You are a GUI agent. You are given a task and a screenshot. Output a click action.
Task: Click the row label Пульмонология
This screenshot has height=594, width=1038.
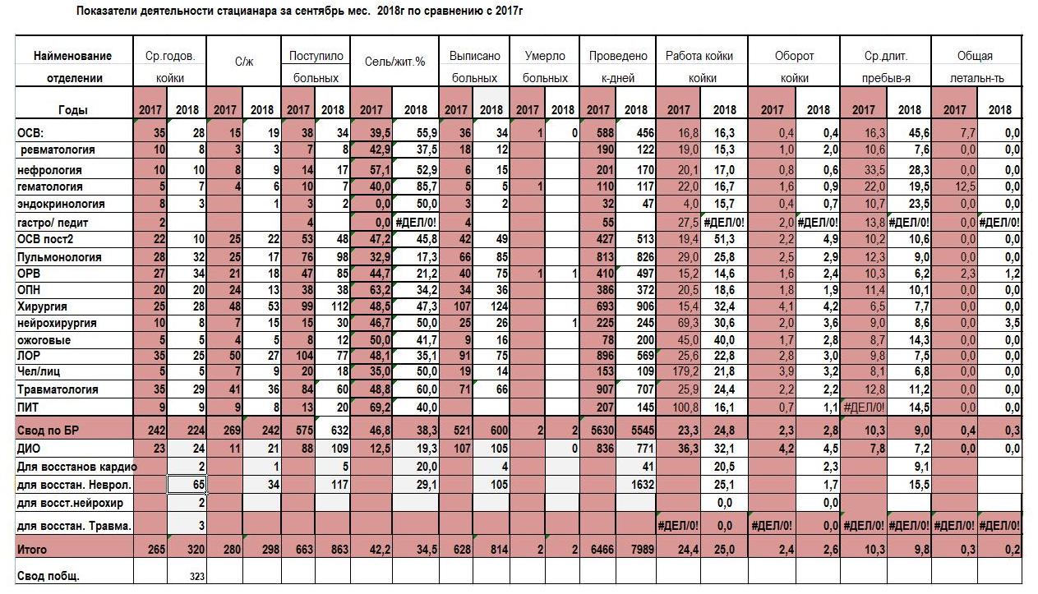pos(59,257)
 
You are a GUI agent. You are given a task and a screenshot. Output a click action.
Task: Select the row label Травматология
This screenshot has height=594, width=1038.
pos(58,389)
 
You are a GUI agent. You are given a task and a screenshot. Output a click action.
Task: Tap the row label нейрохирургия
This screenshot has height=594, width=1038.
pos(57,323)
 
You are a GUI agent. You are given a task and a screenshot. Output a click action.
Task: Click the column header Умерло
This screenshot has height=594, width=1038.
pos(545,56)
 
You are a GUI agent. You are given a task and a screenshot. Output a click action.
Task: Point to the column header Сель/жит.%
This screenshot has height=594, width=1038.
pos(394,62)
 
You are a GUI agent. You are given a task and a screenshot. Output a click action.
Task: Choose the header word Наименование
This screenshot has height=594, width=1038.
pos(73,56)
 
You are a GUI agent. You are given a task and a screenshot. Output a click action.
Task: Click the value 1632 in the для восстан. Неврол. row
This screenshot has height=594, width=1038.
pos(642,485)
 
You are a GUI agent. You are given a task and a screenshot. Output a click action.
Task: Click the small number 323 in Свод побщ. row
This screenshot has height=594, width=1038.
pos(197,577)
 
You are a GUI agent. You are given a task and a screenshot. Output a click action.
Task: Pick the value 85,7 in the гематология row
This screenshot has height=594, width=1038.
pos(427,186)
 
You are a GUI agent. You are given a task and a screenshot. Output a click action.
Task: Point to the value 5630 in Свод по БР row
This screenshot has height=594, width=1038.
pos(602,431)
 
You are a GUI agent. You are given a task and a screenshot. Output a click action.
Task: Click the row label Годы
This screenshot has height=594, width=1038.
pos(73,110)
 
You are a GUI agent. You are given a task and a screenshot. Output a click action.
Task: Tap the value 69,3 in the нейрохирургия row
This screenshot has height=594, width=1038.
pos(688,323)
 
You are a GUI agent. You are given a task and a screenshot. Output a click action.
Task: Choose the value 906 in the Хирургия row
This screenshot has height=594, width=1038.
pos(644,306)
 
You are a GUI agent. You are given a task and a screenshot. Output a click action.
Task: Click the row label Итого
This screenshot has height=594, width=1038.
pos(32,550)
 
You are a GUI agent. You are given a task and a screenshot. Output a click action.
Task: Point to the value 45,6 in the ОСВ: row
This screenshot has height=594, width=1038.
pos(919,133)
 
